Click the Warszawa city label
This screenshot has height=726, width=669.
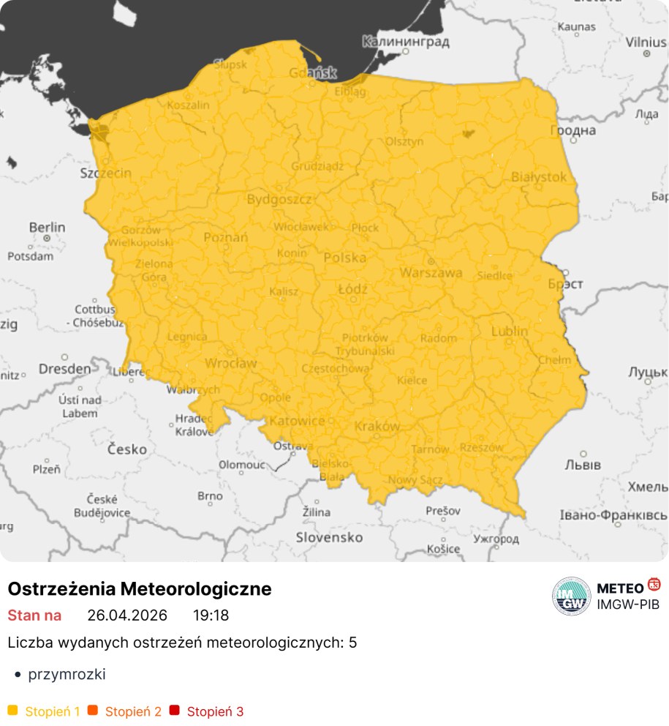tap(431, 273)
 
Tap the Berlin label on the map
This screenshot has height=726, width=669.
tap(47, 228)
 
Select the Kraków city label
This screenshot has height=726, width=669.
tap(377, 426)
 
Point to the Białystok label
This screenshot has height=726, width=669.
tap(539, 176)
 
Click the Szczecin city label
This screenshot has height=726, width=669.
tap(105, 173)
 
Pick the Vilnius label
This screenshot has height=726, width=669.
tap(646, 42)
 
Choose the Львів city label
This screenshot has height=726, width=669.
tap(583, 465)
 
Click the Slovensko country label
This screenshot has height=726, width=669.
tap(329, 537)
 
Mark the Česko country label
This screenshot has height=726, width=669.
tap(127, 449)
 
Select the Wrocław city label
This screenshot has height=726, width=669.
tap(230, 363)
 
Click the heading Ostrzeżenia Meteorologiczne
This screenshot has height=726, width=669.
tap(140, 588)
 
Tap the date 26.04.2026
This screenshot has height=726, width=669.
tap(127, 615)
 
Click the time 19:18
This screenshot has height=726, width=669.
tap(211, 615)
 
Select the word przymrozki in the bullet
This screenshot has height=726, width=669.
tap(67, 674)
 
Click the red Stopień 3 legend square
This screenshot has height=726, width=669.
tap(174, 710)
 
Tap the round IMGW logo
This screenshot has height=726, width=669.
tap(571, 596)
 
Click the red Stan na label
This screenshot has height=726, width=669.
tap(34, 615)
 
